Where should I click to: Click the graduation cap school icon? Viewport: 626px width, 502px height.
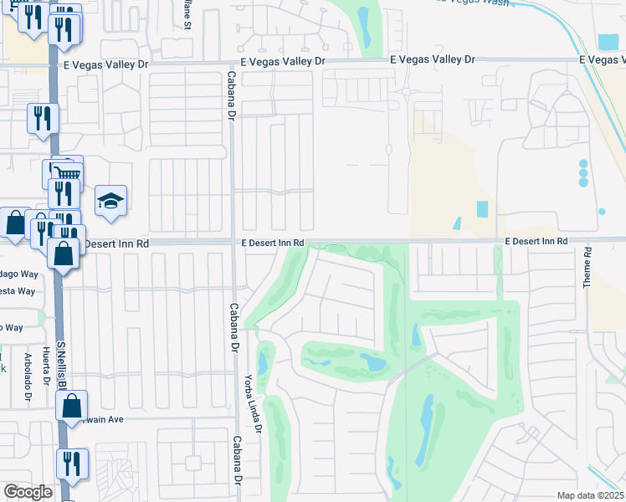110,201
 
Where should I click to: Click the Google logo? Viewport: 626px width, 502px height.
28,492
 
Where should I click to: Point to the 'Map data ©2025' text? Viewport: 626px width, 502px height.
590,495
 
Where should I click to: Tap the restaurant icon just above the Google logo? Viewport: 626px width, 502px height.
72,464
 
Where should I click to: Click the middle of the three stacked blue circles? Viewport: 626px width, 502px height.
583,173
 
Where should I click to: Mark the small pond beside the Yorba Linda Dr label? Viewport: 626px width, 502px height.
263,363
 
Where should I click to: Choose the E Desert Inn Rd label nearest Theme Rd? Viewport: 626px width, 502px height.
536,241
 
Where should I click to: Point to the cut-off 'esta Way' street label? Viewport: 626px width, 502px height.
20,291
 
